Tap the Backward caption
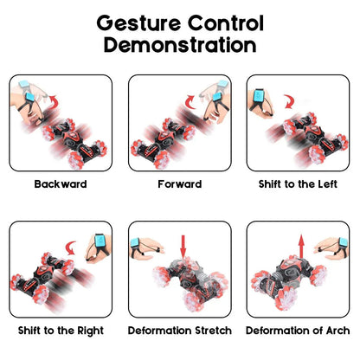click(61, 183)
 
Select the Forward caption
click(180, 183)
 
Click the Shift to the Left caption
click(298, 183)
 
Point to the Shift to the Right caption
click(61, 330)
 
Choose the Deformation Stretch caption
click(180, 330)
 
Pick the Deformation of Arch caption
click(298, 330)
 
